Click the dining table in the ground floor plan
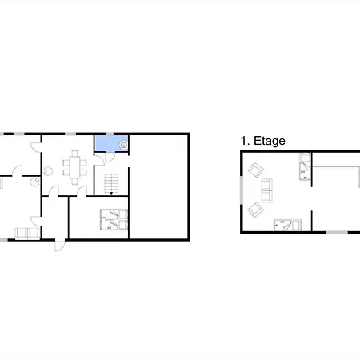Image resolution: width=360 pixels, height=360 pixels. coord(74,167)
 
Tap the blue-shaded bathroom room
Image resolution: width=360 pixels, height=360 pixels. coord(111,143)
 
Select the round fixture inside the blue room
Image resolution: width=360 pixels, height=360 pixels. coord(123,145)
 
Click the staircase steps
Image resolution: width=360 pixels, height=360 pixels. coord(111,183)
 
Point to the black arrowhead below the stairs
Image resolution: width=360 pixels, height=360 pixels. coord(111,194)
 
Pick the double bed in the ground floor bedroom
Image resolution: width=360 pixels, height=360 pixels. coord(114,219)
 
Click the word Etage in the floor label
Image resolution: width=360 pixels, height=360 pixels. coord(270,141)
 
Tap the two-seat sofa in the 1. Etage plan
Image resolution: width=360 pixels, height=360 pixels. coord(266,190)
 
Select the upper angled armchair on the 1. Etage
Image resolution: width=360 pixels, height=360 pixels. coord(256,170)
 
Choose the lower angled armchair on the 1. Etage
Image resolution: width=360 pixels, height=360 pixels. coord(255,210)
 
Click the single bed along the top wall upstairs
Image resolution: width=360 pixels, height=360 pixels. coord(305,167)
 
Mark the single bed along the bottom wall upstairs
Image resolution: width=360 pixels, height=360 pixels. coord(288,225)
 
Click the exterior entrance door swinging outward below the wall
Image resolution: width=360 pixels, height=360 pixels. coord(60,246)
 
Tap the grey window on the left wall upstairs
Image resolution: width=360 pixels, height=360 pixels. coord(242,190)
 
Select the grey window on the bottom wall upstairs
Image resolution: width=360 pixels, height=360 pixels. coord(337,232)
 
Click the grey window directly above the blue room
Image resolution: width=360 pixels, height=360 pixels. coord(110,134)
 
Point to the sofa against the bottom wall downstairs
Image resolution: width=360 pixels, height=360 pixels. coord(27,234)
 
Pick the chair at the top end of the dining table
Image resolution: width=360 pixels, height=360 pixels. coord(74,153)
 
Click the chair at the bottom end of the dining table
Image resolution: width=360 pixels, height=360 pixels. coord(74,182)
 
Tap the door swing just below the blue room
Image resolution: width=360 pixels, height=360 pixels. coord(110,157)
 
